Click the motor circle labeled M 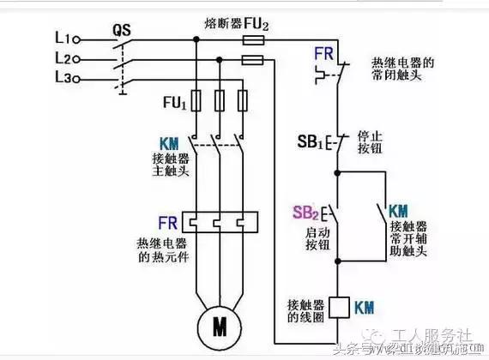coord(220,326)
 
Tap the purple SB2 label coord(305,212)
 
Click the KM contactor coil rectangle coord(338,305)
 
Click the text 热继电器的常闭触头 coord(403,70)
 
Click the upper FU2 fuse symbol coord(254,40)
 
